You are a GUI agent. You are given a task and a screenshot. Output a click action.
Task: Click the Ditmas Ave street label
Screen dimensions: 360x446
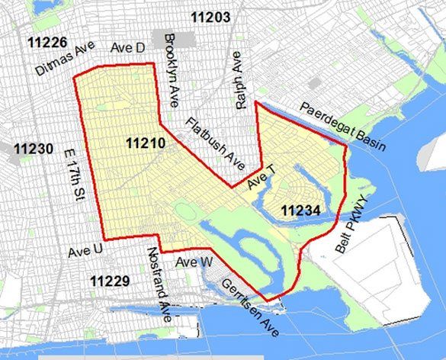65,59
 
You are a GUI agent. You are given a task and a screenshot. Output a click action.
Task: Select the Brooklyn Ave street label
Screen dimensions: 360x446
172,58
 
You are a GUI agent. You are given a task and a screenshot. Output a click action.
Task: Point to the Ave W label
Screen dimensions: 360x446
194,262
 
